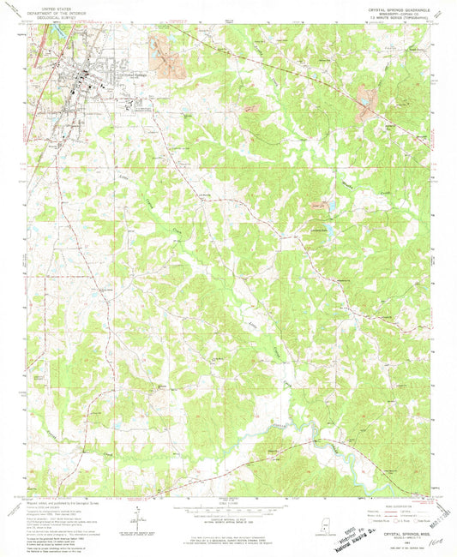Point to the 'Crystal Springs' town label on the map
coord(136,75)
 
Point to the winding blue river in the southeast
coord(322,446)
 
